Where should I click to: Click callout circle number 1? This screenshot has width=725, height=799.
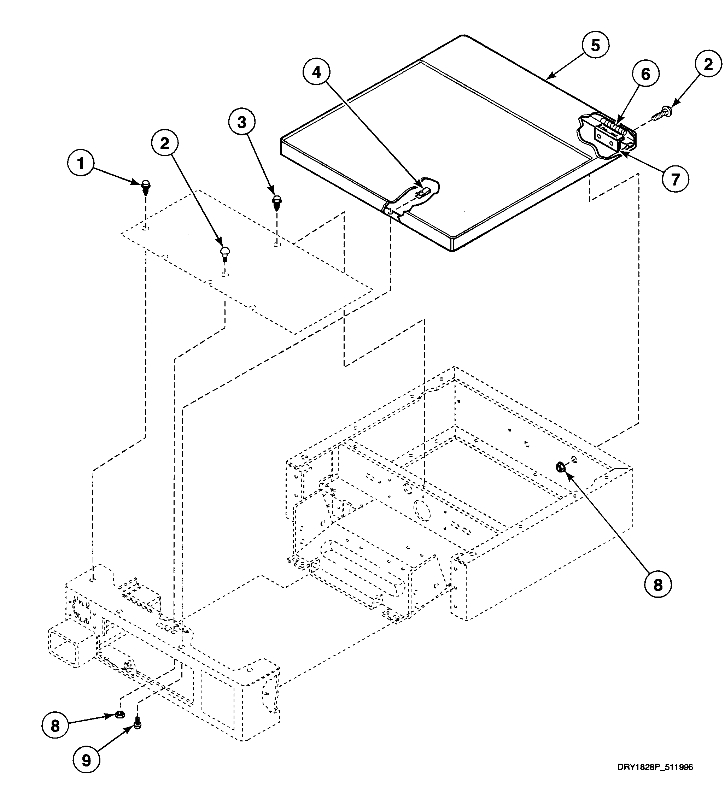81,163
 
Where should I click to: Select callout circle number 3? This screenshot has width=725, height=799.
242,123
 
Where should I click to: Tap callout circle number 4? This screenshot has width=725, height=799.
316,72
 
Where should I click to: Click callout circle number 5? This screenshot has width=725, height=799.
595,46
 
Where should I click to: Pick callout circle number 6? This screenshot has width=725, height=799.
646,74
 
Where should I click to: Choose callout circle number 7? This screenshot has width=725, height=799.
675,179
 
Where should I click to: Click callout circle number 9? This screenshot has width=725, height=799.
86,759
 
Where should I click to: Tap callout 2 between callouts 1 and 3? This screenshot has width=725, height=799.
164,143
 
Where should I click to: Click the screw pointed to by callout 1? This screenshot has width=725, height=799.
146,187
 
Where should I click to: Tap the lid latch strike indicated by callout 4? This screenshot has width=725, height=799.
423,192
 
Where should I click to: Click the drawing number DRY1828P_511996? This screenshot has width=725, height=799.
655,779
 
